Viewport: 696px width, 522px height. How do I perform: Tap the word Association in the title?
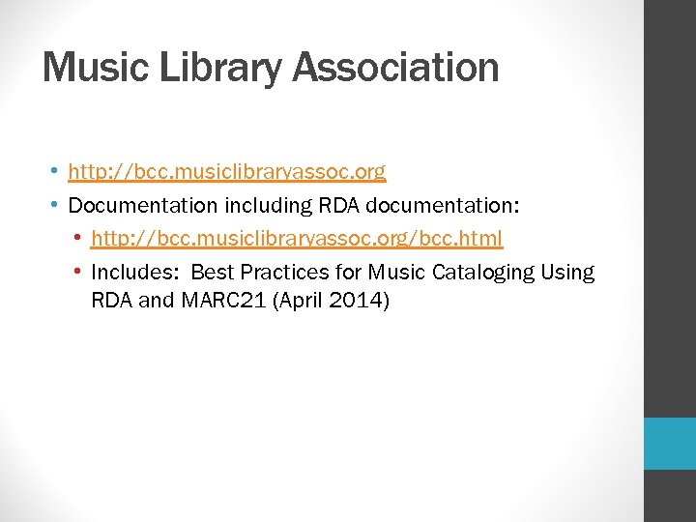(396, 68)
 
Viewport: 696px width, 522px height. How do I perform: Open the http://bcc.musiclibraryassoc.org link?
(227, 173)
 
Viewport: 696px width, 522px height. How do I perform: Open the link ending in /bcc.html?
(297, 237)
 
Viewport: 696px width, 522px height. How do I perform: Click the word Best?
(214, 272)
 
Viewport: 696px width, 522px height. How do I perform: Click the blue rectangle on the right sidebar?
(670, 444)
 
